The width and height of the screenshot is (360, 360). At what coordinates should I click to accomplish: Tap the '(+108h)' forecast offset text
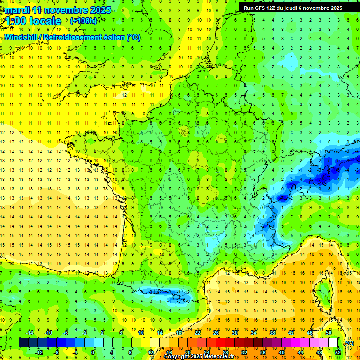tap(83, 21)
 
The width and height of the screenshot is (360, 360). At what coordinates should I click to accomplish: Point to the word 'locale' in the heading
tap(45, 21)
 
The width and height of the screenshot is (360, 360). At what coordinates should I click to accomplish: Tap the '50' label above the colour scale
tap(329, 332)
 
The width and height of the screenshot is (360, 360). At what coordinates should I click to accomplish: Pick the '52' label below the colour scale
tap(337, 352)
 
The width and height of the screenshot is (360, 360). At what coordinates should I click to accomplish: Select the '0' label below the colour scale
tap(93, 352)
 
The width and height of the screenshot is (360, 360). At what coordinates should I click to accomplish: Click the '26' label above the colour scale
tap(216, 332)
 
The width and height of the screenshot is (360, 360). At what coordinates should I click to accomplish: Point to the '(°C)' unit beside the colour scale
tap(349, 343)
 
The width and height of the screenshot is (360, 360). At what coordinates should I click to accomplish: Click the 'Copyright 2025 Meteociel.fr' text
tap(199, 357)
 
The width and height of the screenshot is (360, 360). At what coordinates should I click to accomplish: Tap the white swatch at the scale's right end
tap(333, 342)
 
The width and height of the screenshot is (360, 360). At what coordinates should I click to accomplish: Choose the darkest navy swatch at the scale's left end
tap(23, 342)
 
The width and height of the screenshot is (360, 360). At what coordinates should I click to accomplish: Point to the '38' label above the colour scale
tap(272, 332)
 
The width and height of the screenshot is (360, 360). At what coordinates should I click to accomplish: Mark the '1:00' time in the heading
tap(15, 21)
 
